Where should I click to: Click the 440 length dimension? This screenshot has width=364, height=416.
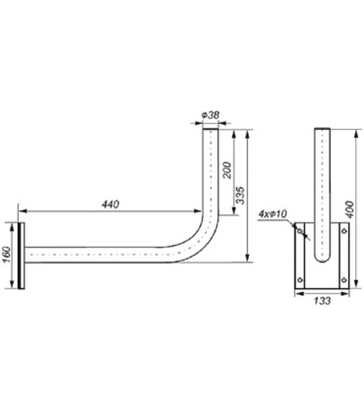coord(112,204)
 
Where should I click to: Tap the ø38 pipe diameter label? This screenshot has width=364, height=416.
coord(209,115)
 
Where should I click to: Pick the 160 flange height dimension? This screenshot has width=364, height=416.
coord(7,254)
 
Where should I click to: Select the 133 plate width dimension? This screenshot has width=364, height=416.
coord(320,303)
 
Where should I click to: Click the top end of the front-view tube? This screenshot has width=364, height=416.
coord(320,129)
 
